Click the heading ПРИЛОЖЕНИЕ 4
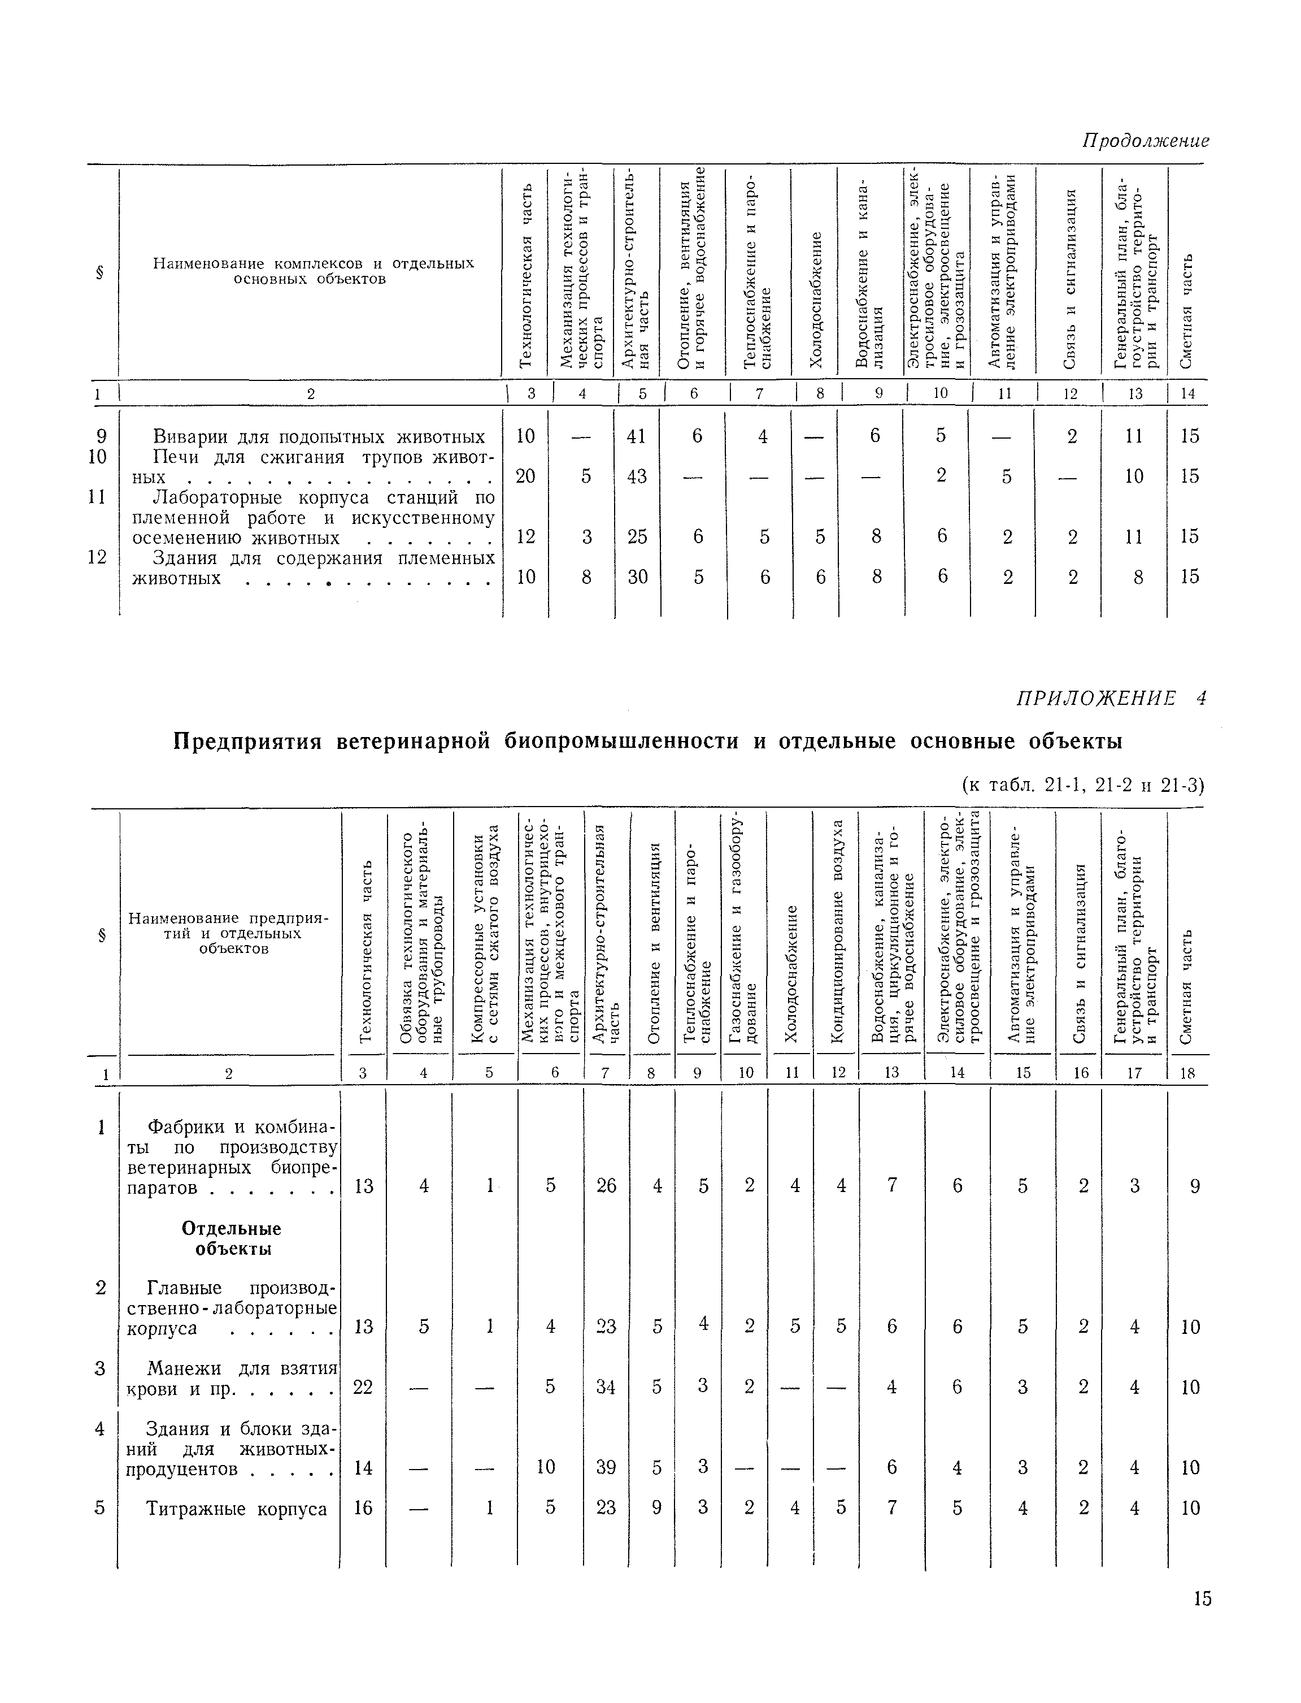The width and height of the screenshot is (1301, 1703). [1111, 699]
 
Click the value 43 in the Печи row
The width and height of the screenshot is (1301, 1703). [637, 476]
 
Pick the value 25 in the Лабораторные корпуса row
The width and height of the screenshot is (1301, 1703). [637, 536]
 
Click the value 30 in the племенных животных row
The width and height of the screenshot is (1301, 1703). [637, 577]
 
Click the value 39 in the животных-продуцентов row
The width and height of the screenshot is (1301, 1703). [606, 1467]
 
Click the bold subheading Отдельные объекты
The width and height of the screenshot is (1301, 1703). [232, 1239]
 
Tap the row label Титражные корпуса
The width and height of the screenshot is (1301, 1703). [236, 1509]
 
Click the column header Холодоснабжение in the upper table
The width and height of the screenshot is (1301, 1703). [814, 298]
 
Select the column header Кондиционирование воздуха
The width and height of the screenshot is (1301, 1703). [836, 930]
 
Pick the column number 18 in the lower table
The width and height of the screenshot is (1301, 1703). [1189, 1074]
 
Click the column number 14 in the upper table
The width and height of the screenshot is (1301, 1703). [1187, 393]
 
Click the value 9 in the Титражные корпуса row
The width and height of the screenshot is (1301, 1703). [656, 1508]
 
